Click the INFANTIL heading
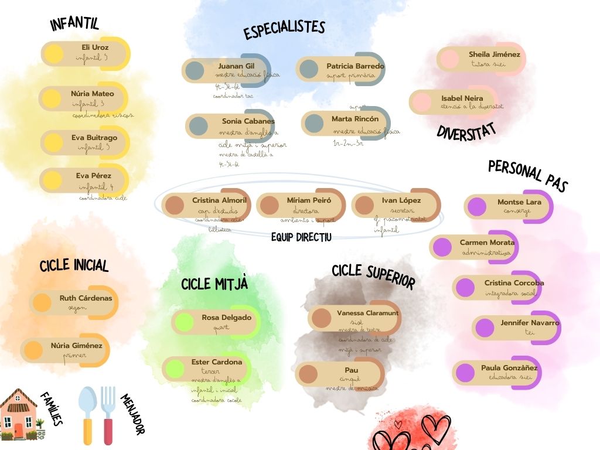coord(74,24)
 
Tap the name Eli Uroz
coord(95,47)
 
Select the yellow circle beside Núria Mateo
coord(52,98)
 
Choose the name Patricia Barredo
coord(355,66)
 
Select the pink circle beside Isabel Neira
coord(421,103)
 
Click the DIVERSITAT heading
coord(466,131)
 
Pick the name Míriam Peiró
coord(309,200)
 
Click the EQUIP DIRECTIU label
coord(301,237)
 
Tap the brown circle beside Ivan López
coord(364,205)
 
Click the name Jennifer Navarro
coord(530,323)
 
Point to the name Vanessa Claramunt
coord(367,313)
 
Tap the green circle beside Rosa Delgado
coord(185,322)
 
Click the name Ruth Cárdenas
coord(86,298)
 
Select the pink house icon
coord(18,414)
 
